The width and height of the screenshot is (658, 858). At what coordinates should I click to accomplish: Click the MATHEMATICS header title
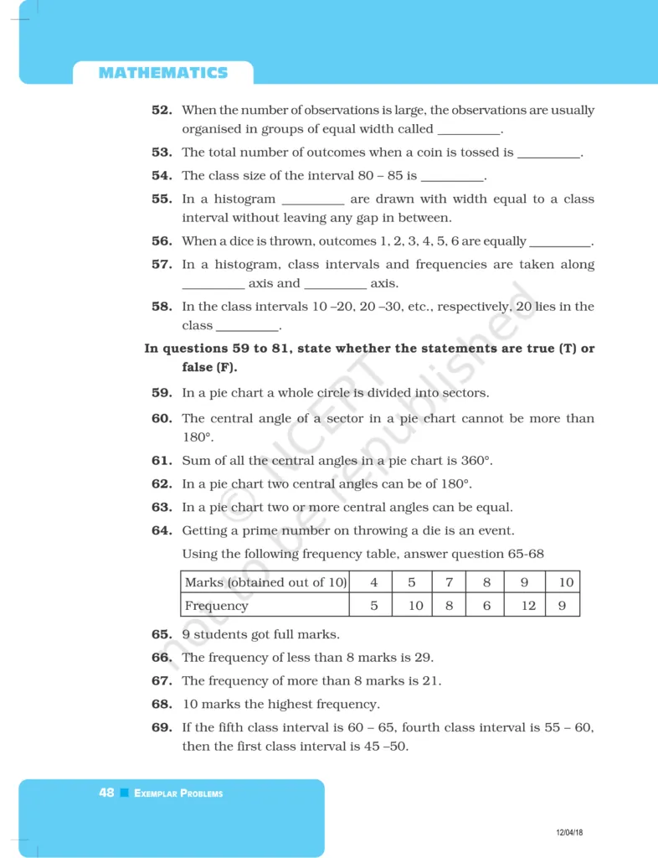[162, 73]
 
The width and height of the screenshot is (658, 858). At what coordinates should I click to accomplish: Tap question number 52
[162, 110]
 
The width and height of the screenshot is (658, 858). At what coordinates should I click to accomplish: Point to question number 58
[162, 307]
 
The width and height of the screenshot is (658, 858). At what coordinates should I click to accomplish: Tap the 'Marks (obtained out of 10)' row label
[265, 582]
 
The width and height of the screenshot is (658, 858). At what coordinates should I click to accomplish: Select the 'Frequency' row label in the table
[217, 605]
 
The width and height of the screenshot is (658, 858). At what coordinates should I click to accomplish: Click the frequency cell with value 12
[527, 605]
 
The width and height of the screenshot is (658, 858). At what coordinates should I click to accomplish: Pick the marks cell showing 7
[449, 582]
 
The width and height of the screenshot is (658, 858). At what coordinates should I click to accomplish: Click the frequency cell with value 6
[486, 605]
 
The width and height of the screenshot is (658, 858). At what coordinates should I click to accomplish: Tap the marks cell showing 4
[374, 582]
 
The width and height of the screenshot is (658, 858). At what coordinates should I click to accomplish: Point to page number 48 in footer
[106, 793]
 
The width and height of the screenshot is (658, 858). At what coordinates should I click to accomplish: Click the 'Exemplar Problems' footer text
[178, 793]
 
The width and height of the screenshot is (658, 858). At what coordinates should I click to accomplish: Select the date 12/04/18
[569, 832]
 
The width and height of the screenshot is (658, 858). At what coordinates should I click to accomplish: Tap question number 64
[162, 530]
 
